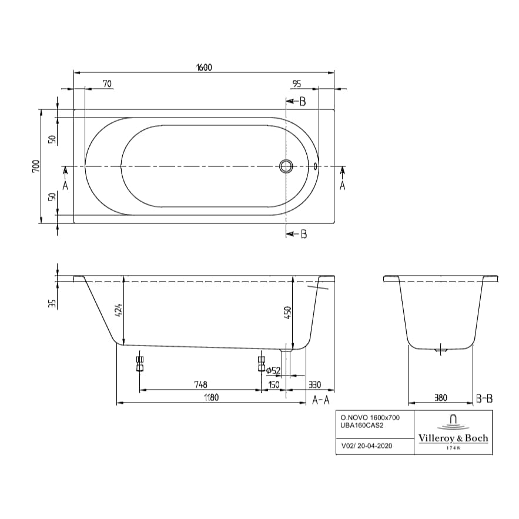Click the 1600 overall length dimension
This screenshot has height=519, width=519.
click(203, 67)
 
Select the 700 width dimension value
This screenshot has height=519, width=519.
click(36, 167)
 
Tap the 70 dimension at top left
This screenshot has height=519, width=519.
click(106, 84)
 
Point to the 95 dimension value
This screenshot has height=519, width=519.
click(297, 84)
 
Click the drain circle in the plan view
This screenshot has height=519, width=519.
click(286, 166)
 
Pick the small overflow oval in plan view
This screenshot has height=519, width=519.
click(316, 166)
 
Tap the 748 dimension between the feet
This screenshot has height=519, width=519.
click(200, 384)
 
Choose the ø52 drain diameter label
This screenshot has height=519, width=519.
click(273, 370)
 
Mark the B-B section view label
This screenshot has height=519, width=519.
click(484, 399)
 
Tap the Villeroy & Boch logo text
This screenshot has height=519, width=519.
click(453, 438)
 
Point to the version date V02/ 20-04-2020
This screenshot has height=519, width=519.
click(367, 446)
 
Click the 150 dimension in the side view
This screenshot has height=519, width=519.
click(273, 384)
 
